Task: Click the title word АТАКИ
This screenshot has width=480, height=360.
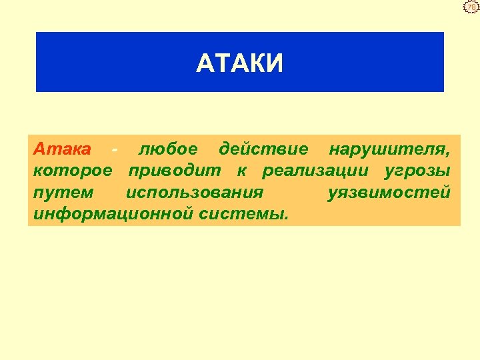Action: [240, 63]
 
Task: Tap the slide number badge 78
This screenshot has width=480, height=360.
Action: [471, 7]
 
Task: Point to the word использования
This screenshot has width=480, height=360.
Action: [194, 193]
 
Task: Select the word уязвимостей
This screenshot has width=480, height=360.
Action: [389, 193]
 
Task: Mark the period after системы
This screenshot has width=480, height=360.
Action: [287, 219]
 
